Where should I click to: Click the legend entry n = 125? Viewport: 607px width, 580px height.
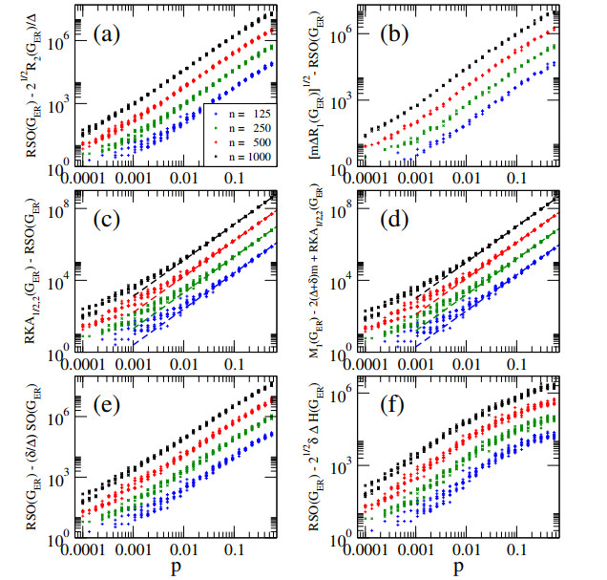pyautogui.click(x=240, y=113)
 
